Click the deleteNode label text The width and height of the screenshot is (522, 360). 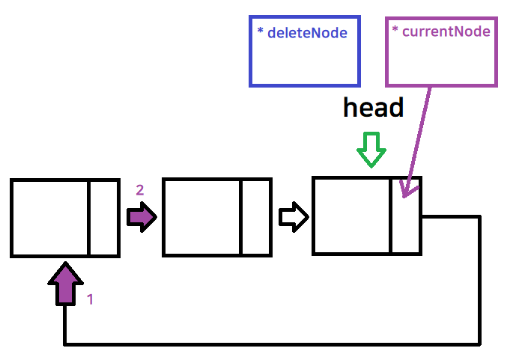pos(307,34)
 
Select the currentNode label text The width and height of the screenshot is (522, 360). pos(445,31)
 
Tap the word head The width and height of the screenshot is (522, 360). pos(373,109)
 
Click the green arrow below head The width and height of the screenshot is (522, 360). pos(371,150)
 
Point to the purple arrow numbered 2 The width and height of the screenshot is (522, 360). pos(141,218)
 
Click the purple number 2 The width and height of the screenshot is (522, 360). pos(139,190)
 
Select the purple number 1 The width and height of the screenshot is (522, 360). pos(91,299)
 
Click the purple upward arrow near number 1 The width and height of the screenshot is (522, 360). pos(66,284)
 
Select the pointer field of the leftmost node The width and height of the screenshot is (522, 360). pos(103,218)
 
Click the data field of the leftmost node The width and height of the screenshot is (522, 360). pos(50,218)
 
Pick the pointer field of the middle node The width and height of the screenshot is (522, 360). pos(255,218)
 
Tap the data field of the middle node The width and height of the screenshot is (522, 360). pos(201,218)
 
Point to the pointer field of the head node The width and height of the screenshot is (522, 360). pos(405,225)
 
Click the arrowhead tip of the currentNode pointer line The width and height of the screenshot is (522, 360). pos(404,196)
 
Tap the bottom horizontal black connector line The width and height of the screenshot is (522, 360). pos(270,344)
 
